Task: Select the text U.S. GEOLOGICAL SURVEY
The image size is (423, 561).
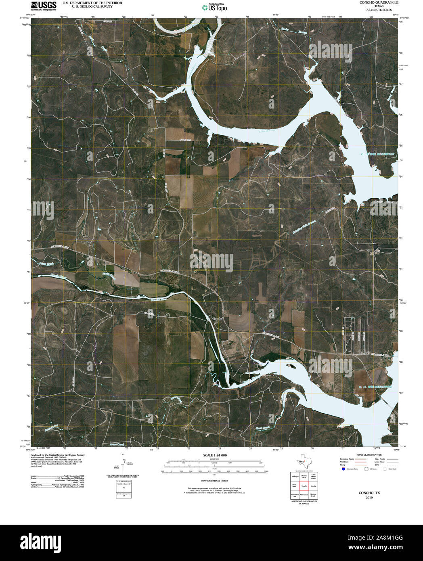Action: (89, 7)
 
